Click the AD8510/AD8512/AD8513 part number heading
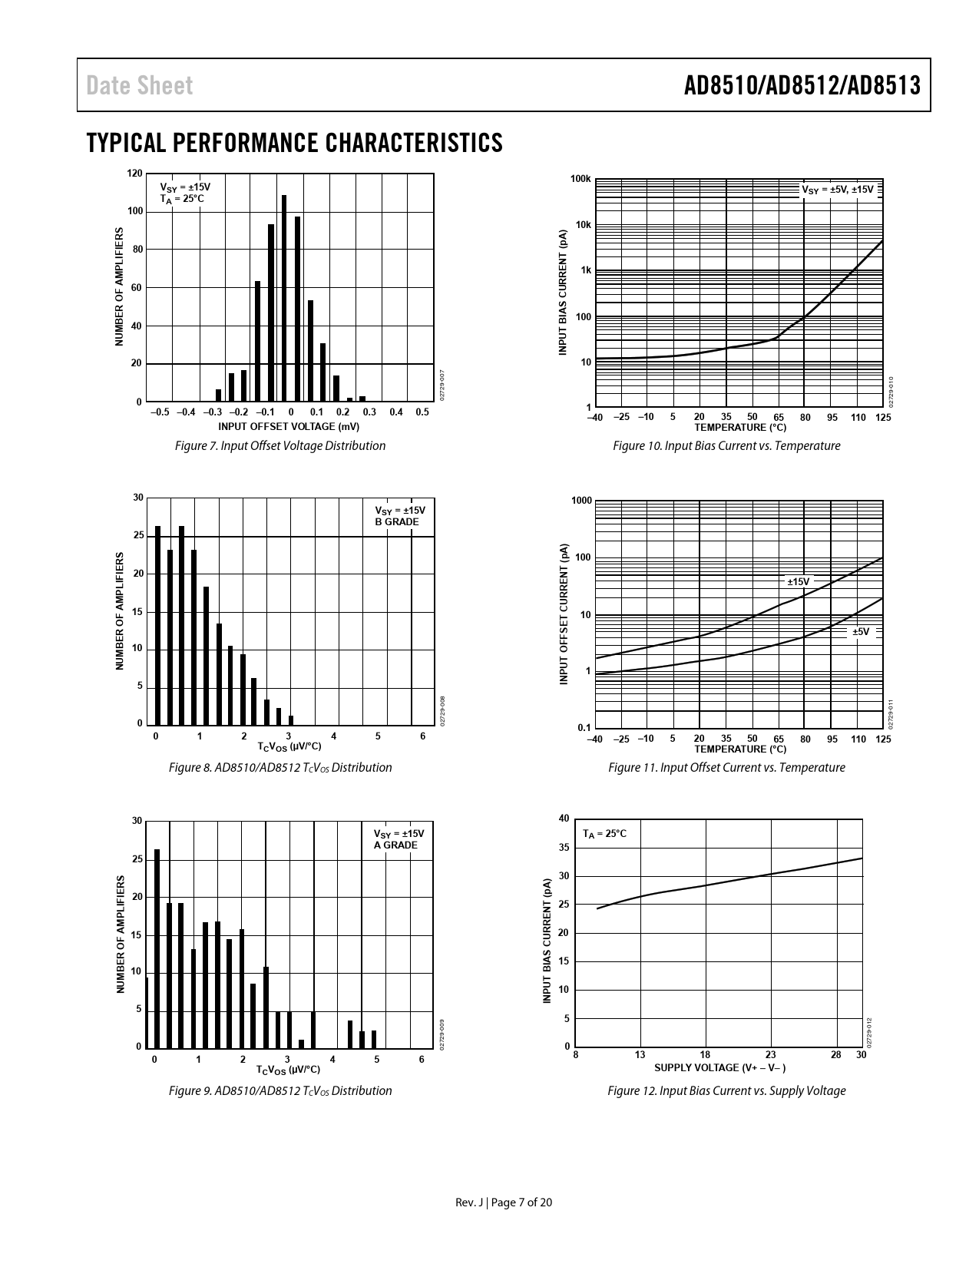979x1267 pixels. pos(802,85)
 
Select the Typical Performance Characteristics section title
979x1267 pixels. pos(295,143)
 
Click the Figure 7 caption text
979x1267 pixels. pos(280,445)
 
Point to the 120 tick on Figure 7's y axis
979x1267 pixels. pos(134,174)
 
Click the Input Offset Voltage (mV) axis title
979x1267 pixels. pos(289,426)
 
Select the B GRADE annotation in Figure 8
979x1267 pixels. pos(396,522)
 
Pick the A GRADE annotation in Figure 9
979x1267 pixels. pos(395,845)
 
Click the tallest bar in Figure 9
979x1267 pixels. pos(157,948)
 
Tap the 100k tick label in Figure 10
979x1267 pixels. pos(581,180)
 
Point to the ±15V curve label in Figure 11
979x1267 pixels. pos(799,582)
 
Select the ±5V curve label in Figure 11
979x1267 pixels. pos(862,632)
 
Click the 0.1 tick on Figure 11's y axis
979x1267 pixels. pos(584,727)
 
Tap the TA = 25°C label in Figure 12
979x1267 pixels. pos(604,834)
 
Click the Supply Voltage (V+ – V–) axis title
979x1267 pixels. pos(719,1067)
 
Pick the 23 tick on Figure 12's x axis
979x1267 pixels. pos(771,1055)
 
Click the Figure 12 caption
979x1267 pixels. pos(726,1090)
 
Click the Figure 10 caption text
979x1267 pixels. pos(726,445)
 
